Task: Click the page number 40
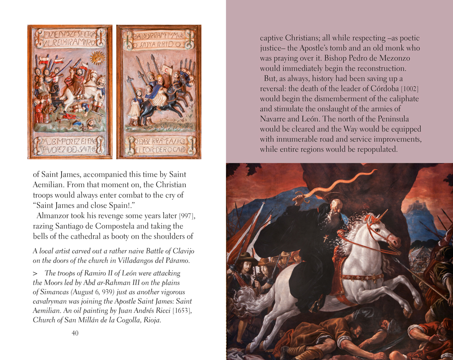click(x=75, y=333)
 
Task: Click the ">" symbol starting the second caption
click(x=35, y=273)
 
